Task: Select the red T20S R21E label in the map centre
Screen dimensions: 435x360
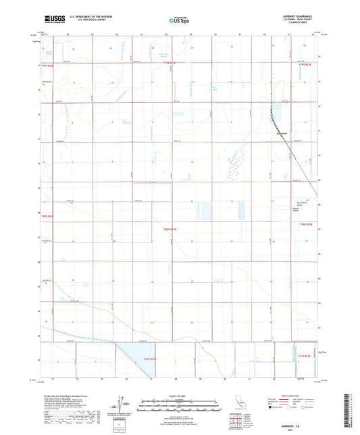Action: tap(170, 230)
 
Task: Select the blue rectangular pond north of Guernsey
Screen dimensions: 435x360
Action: tap(277, 111)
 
